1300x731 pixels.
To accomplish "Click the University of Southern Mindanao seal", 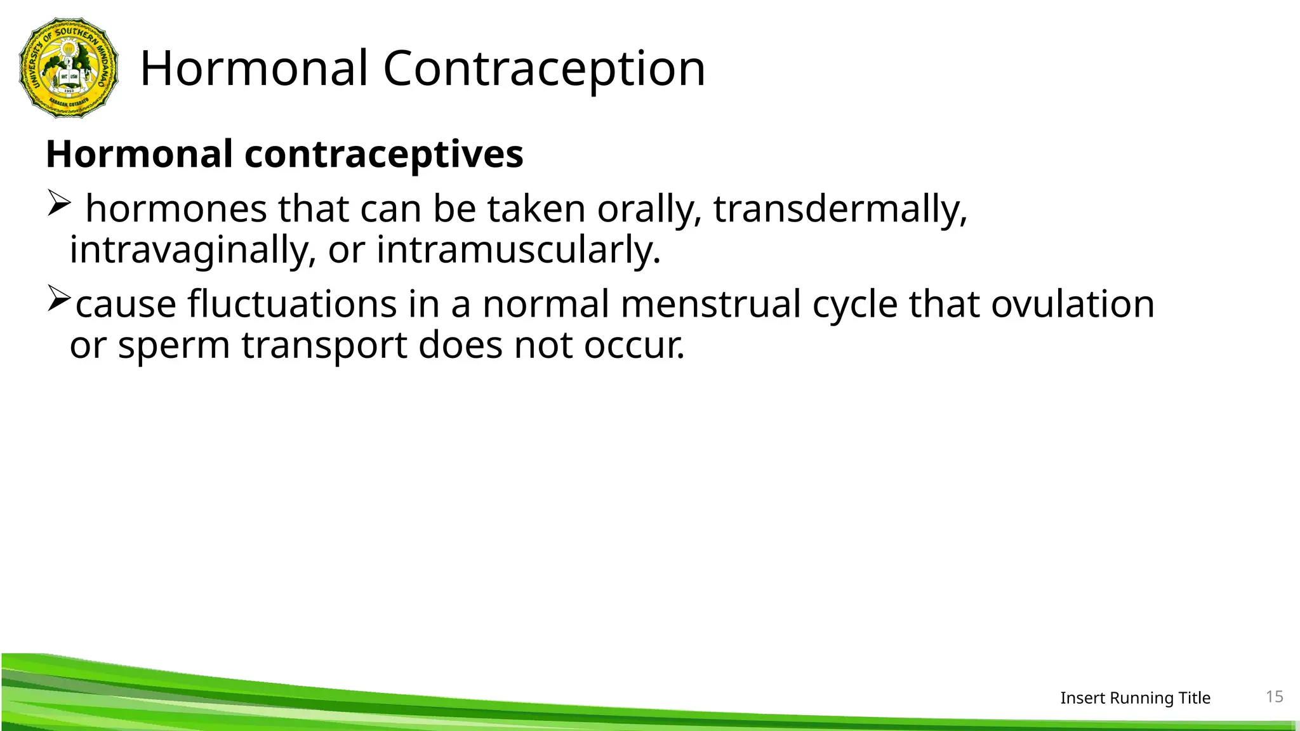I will click(x=69, y=68).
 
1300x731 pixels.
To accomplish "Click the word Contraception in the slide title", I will click(x=544, y=69).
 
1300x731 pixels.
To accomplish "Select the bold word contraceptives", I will click(x=383, y=154).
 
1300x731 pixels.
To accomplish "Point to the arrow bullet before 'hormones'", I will click(x=58, y=204).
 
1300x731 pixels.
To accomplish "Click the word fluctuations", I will click(x=292, y=304).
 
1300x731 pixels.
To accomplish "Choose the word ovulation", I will click(x=1073, y=304).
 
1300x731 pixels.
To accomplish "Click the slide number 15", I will click(x=1275, y=697).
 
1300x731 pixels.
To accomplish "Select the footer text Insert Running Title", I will click(x=1135, y=698).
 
